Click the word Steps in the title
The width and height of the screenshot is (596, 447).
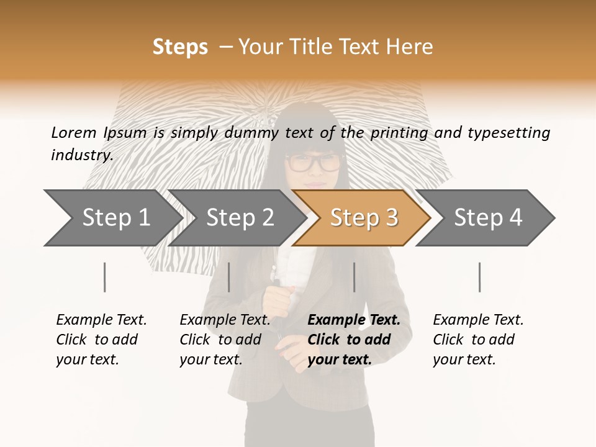click(180, 47)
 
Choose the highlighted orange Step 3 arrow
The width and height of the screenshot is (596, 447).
click(363, 218)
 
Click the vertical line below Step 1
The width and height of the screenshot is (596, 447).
click(105, 277)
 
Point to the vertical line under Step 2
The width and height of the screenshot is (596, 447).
click(229, 277)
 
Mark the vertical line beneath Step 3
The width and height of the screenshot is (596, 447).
click(354, 277)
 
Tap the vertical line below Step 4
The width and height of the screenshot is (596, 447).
click(480, 277)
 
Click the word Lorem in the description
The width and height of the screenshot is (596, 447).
click(73, 132)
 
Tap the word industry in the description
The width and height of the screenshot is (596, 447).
click(81, 155)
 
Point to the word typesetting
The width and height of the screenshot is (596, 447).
click(508, 133)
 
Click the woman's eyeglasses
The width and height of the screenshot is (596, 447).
click(314, 163)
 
